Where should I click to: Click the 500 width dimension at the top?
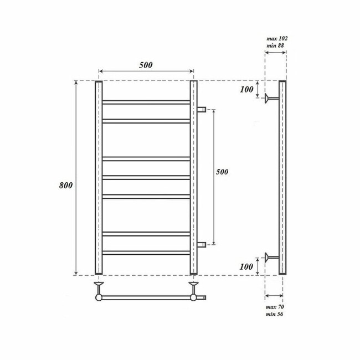click(x=146, y=65)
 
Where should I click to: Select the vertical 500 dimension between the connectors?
click(x=222, y=172)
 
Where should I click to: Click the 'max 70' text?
click(x=275, y=307)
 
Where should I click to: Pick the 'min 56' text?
click(x=275, y=315)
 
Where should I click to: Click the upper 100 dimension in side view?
click(x=246, y=89)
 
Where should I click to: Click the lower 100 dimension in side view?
click(x=246, y=267)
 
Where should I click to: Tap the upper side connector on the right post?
click(x=202, y=109)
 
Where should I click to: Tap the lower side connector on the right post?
click(x=202, y=244)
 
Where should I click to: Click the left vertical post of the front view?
click(x=99, y=177)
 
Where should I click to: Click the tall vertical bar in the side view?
click(x=282, y=177)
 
